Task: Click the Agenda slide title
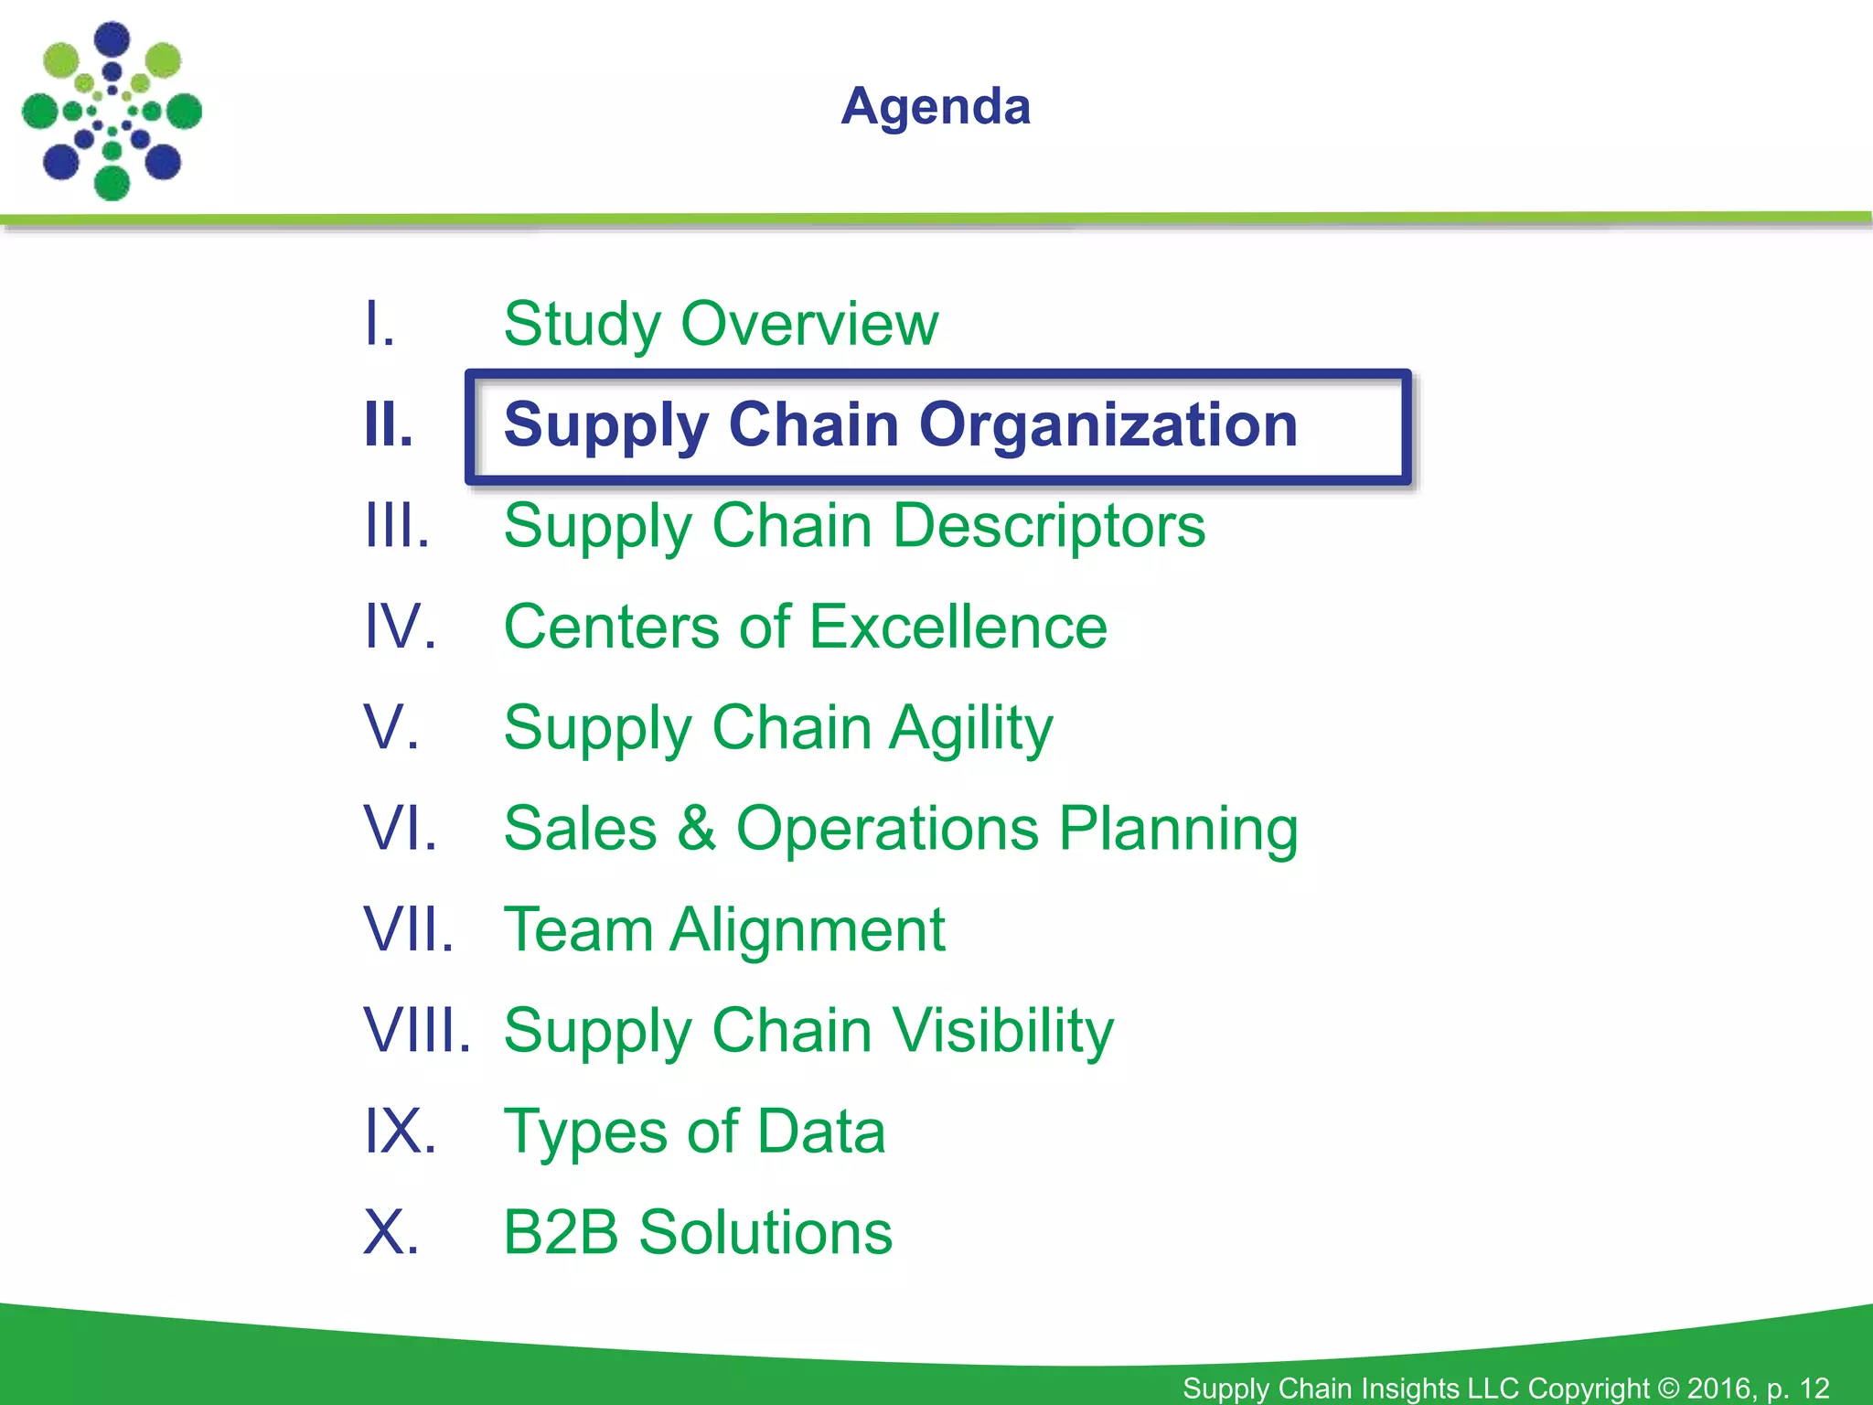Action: click(936, 107)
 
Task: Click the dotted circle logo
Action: click(112, 111)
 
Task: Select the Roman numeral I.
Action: click(379, 324)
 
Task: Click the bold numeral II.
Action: click(389, 425)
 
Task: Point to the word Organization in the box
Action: click(1108, 425)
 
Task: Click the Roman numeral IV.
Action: click(400, 627)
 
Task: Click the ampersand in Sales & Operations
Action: click(696, 829)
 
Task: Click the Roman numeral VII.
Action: click(408, 930)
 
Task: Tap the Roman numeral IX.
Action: click(400, 1132)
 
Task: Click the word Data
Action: click(820, 1132)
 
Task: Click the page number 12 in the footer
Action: click(1814, 1388)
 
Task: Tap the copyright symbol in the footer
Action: click(1668, 1388)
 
